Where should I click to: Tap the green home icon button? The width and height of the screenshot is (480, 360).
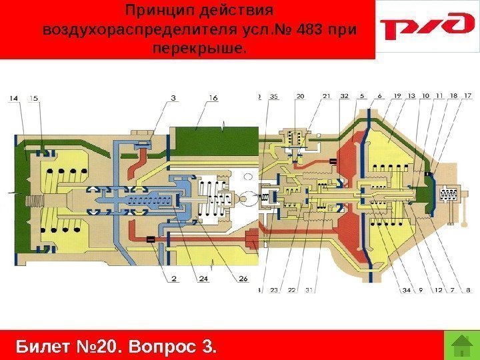click(459, 345)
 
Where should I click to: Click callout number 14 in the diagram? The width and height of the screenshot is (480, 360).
click(15, 98)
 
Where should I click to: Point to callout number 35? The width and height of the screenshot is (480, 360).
click(273, 97)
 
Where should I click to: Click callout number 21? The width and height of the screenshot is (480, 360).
click(327, 97)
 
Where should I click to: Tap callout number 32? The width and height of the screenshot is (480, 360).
click(344, 97)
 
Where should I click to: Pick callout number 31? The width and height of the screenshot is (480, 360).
click(310, 289)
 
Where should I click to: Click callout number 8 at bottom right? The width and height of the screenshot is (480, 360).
click(468, 289)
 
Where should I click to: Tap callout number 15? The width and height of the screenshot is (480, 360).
click(33, 98)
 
